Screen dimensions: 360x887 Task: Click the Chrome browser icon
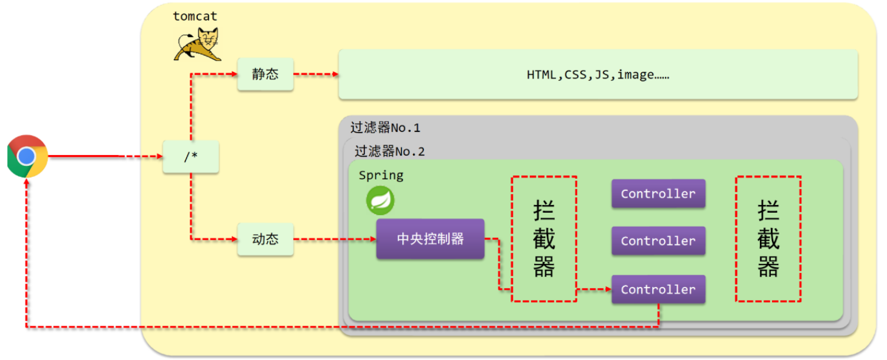tap(27, 156)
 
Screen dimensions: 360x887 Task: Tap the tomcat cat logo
tap(197, 44)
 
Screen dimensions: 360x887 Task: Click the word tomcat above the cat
tap(195, 16)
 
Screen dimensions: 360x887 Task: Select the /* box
tap(190, 156)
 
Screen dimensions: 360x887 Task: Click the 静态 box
tap(265, 74)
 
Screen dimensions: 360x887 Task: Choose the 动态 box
tap(265, 239)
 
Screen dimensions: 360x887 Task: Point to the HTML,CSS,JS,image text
tap(597, 75)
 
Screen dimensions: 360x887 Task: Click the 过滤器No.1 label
tap(385, 128)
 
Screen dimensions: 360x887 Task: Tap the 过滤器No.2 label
tap(389, 151)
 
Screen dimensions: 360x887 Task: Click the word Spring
tap(381, 176)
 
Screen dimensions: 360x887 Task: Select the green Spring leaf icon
tap(380, 200)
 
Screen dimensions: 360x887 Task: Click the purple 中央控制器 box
tap(430, 239)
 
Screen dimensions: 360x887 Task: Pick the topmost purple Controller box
tap(658, 193)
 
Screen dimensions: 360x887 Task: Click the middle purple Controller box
tap(658, 241)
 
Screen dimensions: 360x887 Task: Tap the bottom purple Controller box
tap(658, 289)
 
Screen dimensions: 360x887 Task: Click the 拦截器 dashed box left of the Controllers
tap(543, 239)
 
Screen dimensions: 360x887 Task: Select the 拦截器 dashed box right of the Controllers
tap(768, 239)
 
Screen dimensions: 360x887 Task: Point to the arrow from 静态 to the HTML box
tap(316, 74)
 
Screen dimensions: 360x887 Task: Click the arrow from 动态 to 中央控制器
tap(335, 239)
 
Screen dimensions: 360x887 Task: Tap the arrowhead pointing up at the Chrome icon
tap(27, 183)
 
